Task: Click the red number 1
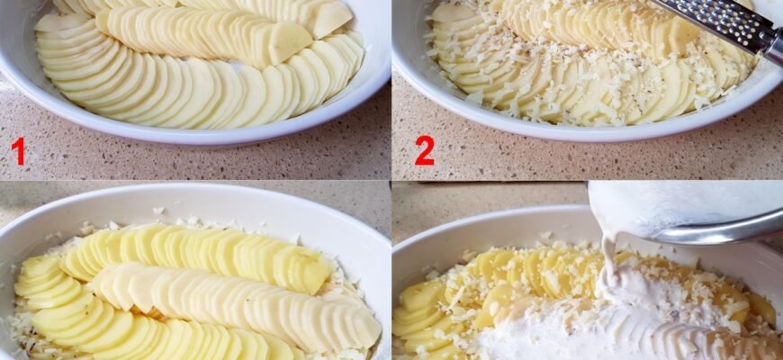tap(18, 151)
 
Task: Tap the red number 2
tap(425, 151)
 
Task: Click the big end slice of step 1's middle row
tap(289, 41)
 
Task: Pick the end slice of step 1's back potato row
tap(331, 17)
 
